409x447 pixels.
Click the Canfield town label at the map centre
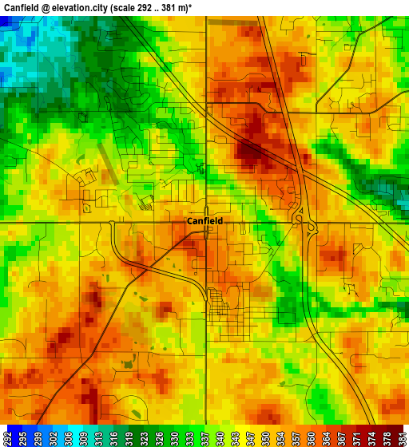click(x=204, y=221)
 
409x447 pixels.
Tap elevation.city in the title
click(x=85, y=7)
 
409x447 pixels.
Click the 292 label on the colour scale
click(x=6, y=438)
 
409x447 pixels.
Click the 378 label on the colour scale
click(x=388, y=438)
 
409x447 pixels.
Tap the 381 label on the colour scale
click(x=402, y=438)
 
